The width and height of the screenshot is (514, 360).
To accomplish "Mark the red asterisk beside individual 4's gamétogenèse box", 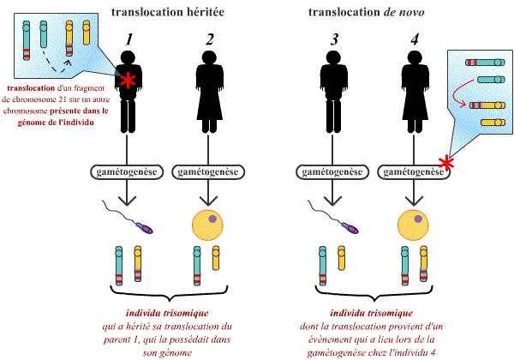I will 445,164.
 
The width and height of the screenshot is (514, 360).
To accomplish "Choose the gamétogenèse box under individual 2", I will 207,171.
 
